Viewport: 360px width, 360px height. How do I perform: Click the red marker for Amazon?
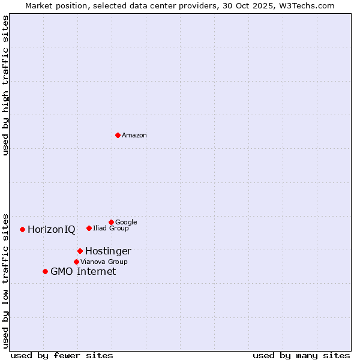(x=118, y=135)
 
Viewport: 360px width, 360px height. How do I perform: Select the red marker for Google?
(x=111, y=222)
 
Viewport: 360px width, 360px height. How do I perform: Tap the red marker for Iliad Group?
(x=89, y=228)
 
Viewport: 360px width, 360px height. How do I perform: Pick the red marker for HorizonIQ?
(x=22, y=229)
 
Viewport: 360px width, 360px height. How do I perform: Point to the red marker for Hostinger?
(x=80, y=251)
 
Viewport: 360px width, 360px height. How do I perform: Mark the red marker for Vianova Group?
(x=76, y=262)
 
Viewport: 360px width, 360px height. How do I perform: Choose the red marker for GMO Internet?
(x=45, y=271)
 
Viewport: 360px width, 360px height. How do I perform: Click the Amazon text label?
(x=134, y=135)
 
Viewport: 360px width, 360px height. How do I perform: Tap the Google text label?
(x=126, y=222)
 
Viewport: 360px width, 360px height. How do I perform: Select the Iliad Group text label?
(x=111, y=228)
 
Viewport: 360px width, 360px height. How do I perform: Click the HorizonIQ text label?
(x=52, y=230)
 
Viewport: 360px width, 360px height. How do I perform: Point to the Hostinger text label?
(x=108, y=251)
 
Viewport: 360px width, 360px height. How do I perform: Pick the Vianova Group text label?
(x=104, y=262)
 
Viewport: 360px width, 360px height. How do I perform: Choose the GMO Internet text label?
(x=83, y=272)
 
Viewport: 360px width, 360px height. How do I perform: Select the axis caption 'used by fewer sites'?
(x=62, y=355)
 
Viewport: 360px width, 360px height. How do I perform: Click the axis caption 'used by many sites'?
(x=301, y=355)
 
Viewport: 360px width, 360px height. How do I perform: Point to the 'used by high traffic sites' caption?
(x=5, y=85)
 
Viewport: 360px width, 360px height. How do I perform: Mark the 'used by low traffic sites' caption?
(x=5, y=280)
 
